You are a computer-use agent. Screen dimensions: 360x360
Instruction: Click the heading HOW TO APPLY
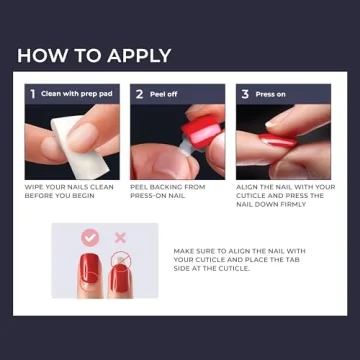click(94, 55)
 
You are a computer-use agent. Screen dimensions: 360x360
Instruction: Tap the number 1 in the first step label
click(33, 94)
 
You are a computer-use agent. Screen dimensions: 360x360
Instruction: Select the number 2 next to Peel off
click(140, 94)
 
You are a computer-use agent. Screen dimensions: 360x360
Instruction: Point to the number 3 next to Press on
click(245, 94)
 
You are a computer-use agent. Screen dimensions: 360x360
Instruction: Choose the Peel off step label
click(164, 94)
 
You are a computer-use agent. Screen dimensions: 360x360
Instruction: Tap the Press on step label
click(271, 94)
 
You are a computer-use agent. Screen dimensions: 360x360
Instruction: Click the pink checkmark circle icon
click(89, 238)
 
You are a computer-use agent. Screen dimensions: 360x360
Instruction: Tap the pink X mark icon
click(121, 238)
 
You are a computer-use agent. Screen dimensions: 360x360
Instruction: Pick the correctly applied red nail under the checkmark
click(89, 271)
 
